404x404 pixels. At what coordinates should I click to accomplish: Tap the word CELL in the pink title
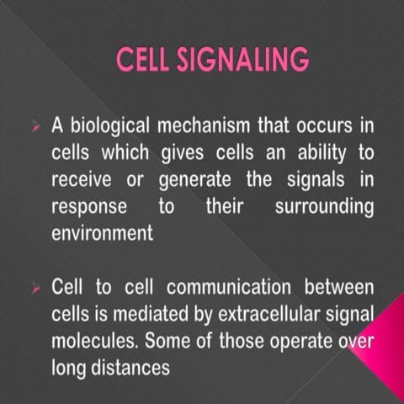[x=144, y=61]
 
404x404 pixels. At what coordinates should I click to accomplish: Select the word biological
[x=110, y=126]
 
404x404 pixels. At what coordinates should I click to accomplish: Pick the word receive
[x=82, y=180]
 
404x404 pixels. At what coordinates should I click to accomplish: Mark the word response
[x=89, y=207]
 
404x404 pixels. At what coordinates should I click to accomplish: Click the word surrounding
[x=324, y=207]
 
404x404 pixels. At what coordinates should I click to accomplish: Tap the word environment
[x=103, y=233]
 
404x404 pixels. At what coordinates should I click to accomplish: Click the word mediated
[x=145, y=316]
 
